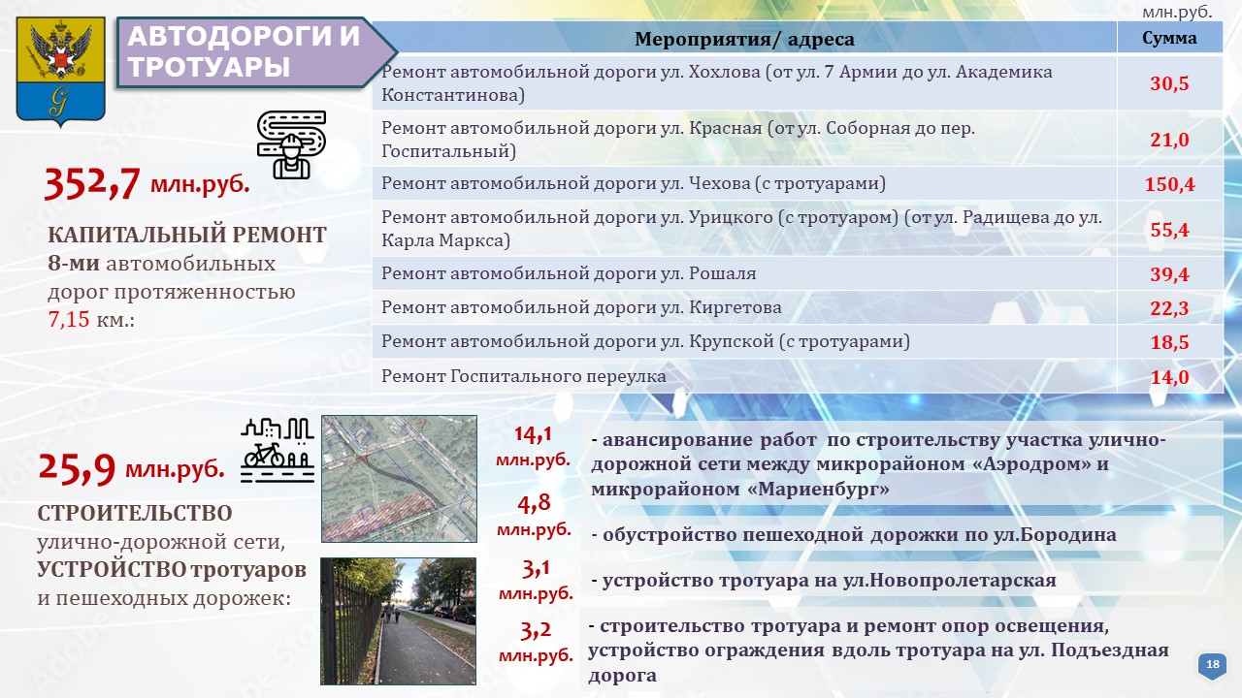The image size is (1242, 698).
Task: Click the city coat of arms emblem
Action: pyautogui.click(x=60, y=71)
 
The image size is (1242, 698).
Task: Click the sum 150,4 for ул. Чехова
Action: pyautogui.click(x=1169, y=184)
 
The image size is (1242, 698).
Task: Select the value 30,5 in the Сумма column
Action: pyautogui.click(x=1169, y=83)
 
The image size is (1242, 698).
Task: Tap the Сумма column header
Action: pyautogui.click(x=1169, y=38)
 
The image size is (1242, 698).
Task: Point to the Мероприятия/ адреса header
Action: pyautogui.click(x=744, y=39)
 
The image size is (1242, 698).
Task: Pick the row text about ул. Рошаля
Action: pyautogui.click(x=569, y=273)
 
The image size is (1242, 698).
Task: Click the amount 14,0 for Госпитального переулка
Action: pyautogui.click(x=1169, y=377)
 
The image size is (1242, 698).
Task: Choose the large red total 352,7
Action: pyautogui.click(x=91, y=183)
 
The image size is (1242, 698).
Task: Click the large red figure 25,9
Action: pyautogui.click(x=77, y=468)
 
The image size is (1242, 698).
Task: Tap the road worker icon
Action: pyautogui.click(x=291, y=144)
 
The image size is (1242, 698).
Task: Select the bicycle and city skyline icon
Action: pyautogui.click(x=278, y=450)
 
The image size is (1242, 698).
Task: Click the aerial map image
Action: pyautogui.click(x=399, y=479)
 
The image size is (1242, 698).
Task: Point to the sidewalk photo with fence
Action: pyautogui.click(x=398, y=621)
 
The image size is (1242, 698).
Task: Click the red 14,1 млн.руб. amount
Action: pyautogui.click(x=533, y=447)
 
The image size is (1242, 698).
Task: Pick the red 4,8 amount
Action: pyautogui.click(x=535, y=503)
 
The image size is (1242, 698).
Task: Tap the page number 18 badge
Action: pyautogui.click(x=1213, y=665)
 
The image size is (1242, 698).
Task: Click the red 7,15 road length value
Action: pyautogui.click(x=69, y=319)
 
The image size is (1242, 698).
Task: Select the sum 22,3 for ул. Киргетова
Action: pyautogui.click(x=1169, y=308)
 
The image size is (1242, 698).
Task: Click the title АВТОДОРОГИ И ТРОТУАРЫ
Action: pyautogui.click(x=244, y=51)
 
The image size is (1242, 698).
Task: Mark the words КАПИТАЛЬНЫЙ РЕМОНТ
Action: pyautogui.click(x=187, y=235)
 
